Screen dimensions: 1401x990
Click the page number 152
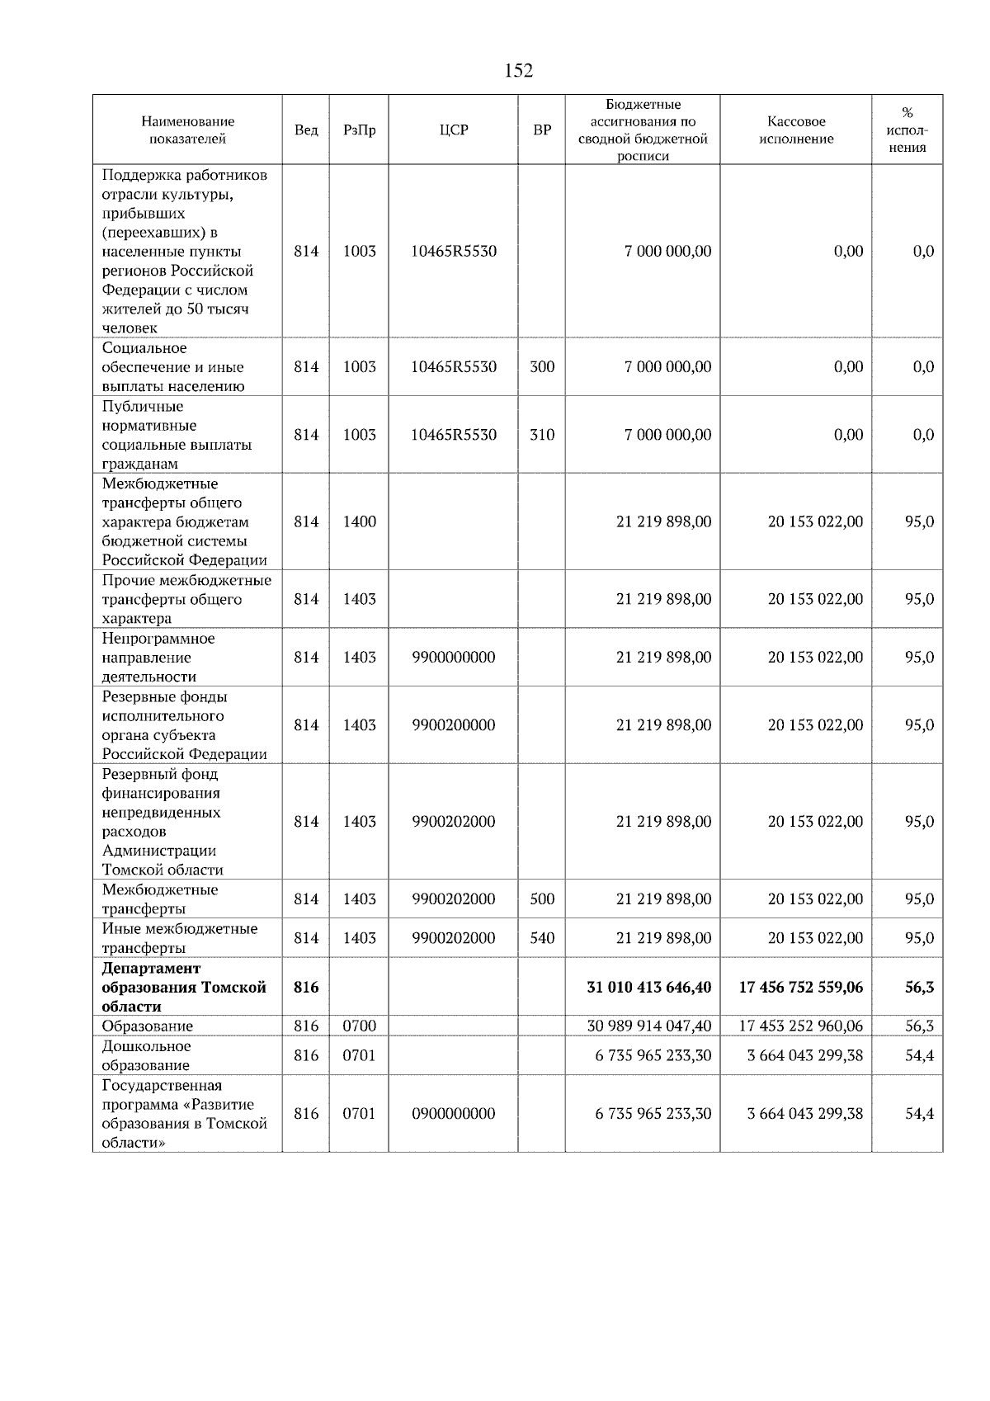click(x=518, y=71)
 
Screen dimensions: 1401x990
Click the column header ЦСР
click(x=454, y=130)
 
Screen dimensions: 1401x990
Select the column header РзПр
click(x=359, y=130)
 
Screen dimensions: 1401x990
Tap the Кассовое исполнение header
click(x=796, y=130)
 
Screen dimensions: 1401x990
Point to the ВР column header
click(x=542, y=130)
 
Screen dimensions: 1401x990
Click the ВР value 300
click(x=542, y=367)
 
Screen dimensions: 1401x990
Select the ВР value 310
click(x=542, y=435)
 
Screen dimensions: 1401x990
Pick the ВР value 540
click(x=542, y=938)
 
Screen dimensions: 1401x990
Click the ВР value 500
click(x=542, y=899)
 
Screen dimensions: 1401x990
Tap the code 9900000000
click(x=454, y=658)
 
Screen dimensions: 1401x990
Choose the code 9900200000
click(x=454, y=725)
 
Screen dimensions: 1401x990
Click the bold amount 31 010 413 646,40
click(x=648, y=987)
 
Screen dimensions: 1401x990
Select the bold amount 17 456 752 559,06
click(x=800, y=987)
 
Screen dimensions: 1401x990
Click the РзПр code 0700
click(x=359, y=1026)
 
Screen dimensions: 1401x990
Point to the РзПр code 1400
click(x=359, y=521)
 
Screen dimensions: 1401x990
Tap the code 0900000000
click(x=454, y=1114)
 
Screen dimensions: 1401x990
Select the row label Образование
click(x=148, y=1026)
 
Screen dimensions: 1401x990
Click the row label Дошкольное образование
click(x=146, y=1055)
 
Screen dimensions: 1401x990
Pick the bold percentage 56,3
click(x=919, y=987)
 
